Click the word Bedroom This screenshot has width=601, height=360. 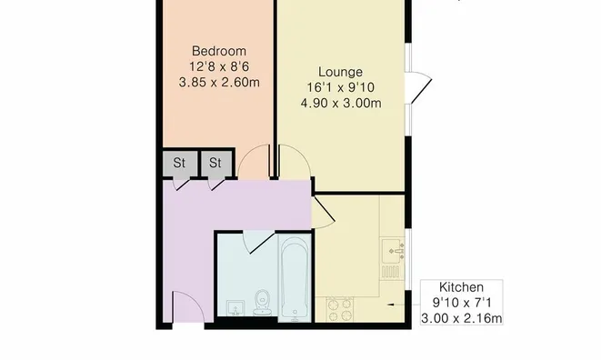coord(217,51)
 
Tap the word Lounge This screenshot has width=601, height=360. coord(340,72)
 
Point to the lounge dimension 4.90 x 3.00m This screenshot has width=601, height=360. coord(340,103)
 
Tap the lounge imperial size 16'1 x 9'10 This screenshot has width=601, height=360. coord(340,87)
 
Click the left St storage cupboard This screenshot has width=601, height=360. coord(180,164)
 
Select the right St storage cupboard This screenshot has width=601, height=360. coord(216,164)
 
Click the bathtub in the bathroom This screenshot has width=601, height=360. coord(295,276)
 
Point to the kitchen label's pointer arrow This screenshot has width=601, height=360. coord(393,305)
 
